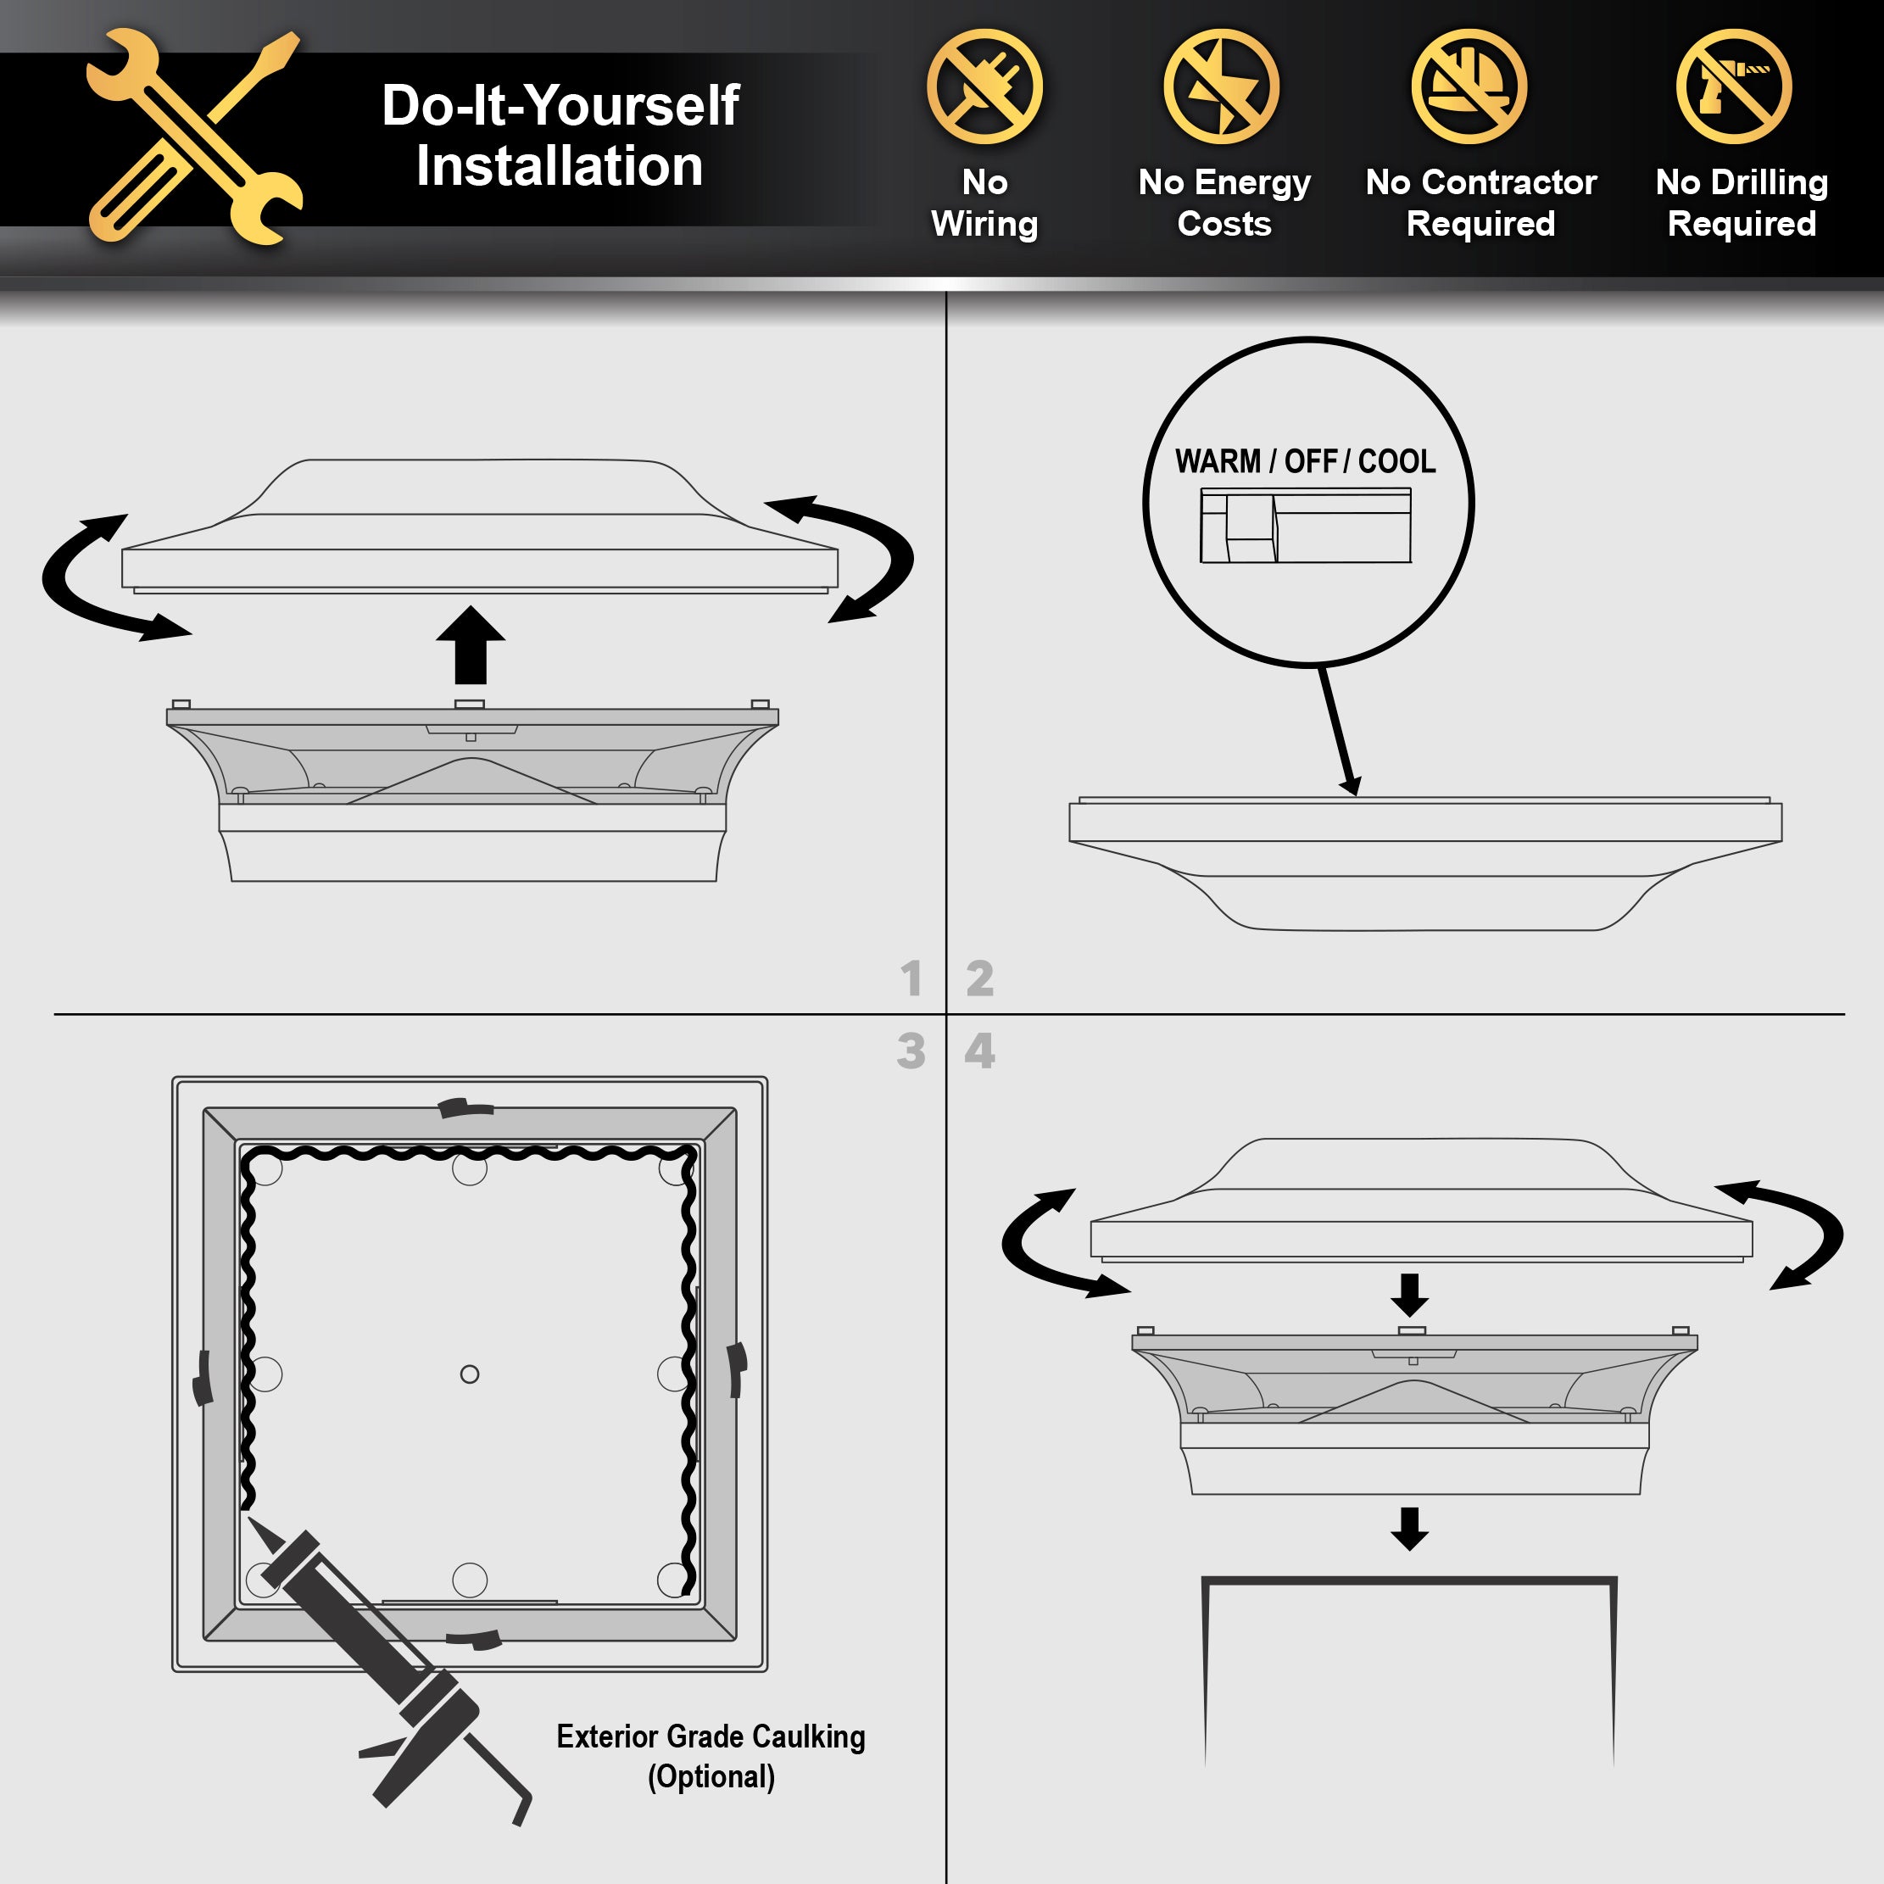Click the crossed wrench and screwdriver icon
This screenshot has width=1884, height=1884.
(195, 137)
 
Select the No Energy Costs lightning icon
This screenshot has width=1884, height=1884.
(1222, 86)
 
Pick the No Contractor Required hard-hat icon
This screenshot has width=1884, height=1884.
(1469, 86)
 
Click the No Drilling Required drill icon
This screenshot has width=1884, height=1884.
(1734, 86)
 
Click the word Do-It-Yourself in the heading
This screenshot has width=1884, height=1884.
(560, 104)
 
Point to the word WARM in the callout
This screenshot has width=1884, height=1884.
(1218, 461)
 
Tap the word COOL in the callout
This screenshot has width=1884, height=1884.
(1396, 461)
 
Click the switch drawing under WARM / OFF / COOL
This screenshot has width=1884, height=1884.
(1306, 527)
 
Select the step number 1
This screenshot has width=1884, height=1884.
(911, 978)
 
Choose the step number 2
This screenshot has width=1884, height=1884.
(980, 978)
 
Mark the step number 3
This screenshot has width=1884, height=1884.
(911, 1051)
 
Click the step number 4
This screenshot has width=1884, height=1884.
(980, 1051)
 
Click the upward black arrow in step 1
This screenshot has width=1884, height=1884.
(471, 645)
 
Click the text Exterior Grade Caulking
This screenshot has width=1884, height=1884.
(711, 1736)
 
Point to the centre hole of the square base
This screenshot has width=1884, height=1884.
(469, 1374)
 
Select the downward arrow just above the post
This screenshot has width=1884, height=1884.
(1409, 1529)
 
